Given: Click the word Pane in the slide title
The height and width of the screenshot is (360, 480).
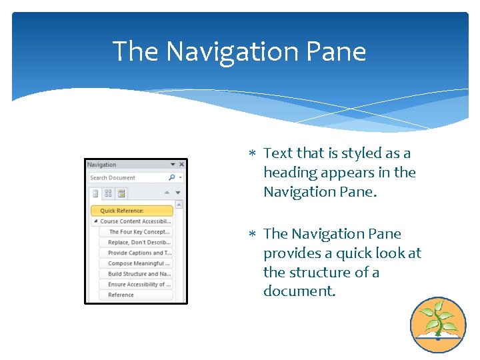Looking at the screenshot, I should (345, 51).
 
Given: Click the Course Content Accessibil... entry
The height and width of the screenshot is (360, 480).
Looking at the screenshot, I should (135, 221).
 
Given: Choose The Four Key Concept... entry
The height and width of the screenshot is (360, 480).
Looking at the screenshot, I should (139, 232).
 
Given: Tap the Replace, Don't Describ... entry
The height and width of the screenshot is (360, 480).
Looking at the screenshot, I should (139, 243).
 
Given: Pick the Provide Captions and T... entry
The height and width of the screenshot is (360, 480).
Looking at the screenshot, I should (139, 253).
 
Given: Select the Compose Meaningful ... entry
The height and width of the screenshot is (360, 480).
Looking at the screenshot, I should (139, 263).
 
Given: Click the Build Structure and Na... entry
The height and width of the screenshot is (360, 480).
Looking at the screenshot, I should (139, 274).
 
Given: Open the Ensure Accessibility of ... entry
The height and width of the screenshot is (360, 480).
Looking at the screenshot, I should (139, 285).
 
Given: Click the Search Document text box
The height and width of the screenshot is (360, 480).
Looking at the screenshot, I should (127, 178).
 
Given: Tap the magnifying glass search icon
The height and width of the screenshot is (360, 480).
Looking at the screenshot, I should (172, 177).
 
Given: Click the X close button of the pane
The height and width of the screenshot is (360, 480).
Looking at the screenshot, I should (181, 165).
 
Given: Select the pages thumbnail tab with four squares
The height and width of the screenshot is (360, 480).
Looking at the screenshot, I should (108, 193).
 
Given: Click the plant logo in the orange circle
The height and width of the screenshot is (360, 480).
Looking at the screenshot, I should (437, 325).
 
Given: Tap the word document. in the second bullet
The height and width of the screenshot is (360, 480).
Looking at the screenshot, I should (299, 292).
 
